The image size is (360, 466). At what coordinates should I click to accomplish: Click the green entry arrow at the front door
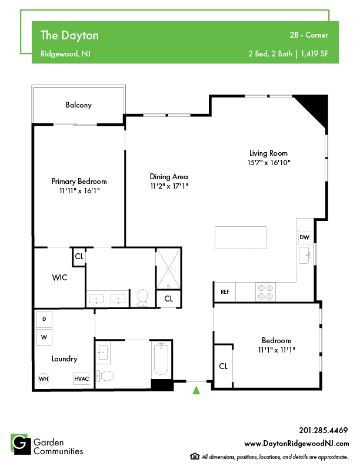[196, 390]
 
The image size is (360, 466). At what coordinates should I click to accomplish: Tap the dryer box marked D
[44, 319]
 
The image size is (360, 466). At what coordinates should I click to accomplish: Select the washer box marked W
[44, 337]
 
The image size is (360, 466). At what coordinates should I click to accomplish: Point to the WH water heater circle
[44, 379]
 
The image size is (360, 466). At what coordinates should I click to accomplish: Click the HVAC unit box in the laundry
[81, 379]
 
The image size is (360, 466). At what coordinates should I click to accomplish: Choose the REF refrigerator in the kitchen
[225, 292]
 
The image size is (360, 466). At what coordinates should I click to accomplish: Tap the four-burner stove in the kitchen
[265, 292]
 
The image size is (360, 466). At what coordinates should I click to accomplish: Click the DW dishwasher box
[304, 237]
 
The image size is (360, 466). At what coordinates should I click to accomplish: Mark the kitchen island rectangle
[241, 237]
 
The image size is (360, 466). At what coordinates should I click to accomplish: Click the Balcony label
[79, 105]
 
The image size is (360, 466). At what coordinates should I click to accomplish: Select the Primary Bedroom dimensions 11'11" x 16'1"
[79, 191]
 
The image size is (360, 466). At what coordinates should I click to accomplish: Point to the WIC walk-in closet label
[59, 277]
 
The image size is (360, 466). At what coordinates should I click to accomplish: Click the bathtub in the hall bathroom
[161, 359]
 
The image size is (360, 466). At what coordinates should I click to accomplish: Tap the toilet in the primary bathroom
[143, 298]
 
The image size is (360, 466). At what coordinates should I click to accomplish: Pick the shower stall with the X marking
[168, 269]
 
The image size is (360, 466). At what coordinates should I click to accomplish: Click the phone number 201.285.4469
[324, 430]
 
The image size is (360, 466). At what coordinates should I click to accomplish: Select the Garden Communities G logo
[21, 444]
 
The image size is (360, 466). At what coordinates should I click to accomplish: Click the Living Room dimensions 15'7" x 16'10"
[269, 163]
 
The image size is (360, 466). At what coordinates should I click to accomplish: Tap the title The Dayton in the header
[69, 35]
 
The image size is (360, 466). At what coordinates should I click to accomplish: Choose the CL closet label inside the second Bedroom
[223, 366]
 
